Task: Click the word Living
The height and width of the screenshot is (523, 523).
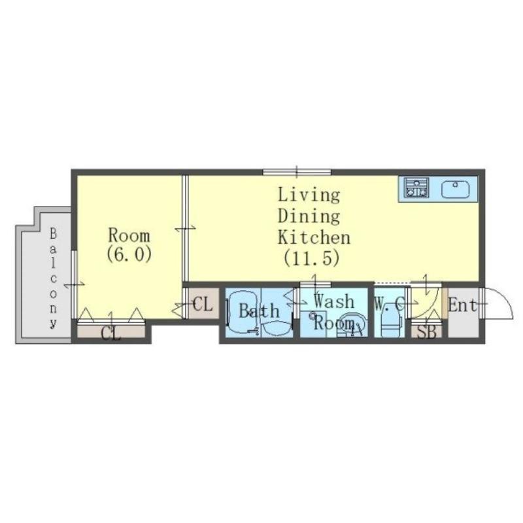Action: [x=309, y=195]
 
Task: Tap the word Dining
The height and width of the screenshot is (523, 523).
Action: [x=309, y=216]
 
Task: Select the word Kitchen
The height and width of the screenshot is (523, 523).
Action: [x=314, y=237]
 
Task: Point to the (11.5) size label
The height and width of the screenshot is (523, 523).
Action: [x=312, y=258]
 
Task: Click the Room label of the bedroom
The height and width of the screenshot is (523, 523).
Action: [x=129, y=235]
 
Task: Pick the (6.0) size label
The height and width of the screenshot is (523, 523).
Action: [x=129, y=254]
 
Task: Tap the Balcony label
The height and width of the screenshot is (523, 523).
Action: [x=54, y=278]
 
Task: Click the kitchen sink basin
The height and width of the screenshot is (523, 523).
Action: [x=455, y=190]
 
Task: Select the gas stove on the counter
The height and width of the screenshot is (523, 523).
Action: [x=416, y=187]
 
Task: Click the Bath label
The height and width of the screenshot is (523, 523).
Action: [x=259, y=311]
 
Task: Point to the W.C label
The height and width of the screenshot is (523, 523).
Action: [x=389, y=303]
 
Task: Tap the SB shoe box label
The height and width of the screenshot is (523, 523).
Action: [x=427, y=332]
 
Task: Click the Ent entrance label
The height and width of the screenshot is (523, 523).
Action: [x=463, y=305]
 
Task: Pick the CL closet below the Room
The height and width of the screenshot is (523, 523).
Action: [x=111, y=332]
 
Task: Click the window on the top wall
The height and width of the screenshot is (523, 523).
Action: [x=297, y=172]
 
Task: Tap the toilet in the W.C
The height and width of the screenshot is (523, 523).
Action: [x=389, y=321]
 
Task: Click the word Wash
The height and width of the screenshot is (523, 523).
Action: [x=334, y=301]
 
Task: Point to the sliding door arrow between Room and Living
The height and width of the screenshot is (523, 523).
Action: [x=186, y=229]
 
